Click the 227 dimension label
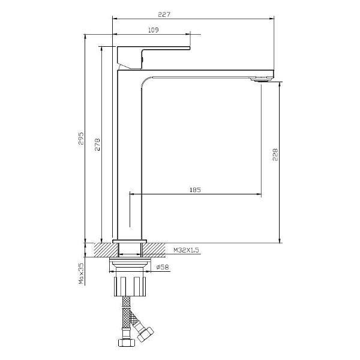click(x=164, y=14)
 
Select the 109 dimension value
click(x=153, y=30)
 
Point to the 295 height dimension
click(x=81, y=138)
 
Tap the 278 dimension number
click(x=97, y=145)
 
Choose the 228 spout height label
click(x=275, y=155)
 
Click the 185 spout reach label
click(x=195, y=190)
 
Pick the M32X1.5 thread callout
click(x=186, y=250)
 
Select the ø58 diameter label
click(x=163, y=267)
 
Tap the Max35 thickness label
click(x=81, y=274)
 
